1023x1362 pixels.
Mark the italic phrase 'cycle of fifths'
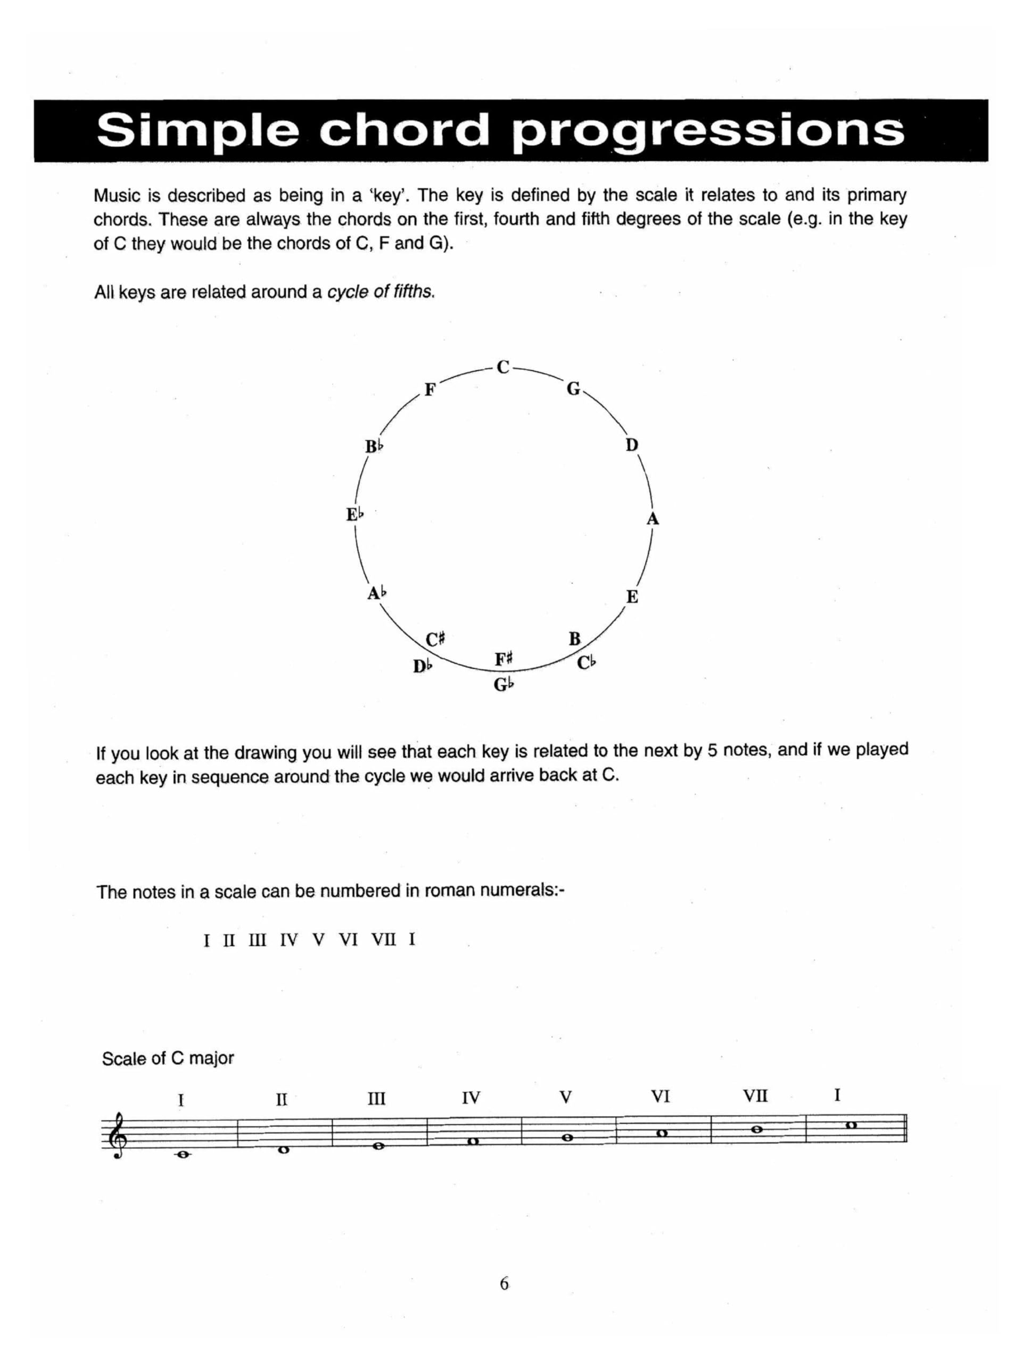[x=381, y=292]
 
